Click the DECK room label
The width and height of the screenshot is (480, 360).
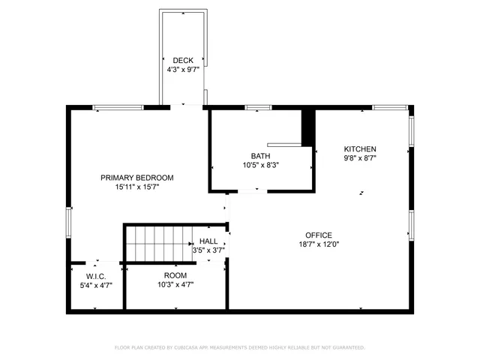pos(183,61)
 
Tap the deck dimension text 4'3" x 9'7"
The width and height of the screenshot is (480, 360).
pos(183,70)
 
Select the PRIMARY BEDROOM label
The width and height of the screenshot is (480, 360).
pos(137,178)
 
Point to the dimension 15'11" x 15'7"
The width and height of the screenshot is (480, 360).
pos(137,187)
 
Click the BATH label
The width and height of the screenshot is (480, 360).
pos(261,156)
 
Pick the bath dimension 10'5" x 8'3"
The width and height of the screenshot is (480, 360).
pos(261,165)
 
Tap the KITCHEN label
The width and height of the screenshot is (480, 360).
pos(360,149)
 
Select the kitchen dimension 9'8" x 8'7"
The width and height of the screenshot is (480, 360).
pos(360,158)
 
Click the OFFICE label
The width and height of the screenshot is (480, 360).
pos(318,235)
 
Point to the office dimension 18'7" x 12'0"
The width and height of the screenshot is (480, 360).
pos(318,244)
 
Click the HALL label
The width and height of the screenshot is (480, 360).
pos(208,241)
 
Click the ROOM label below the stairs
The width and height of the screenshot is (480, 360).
pos(175,275)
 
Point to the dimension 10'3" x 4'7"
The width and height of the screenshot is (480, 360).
pos(175,284)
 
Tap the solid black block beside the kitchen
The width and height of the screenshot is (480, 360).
pos(307,127)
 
